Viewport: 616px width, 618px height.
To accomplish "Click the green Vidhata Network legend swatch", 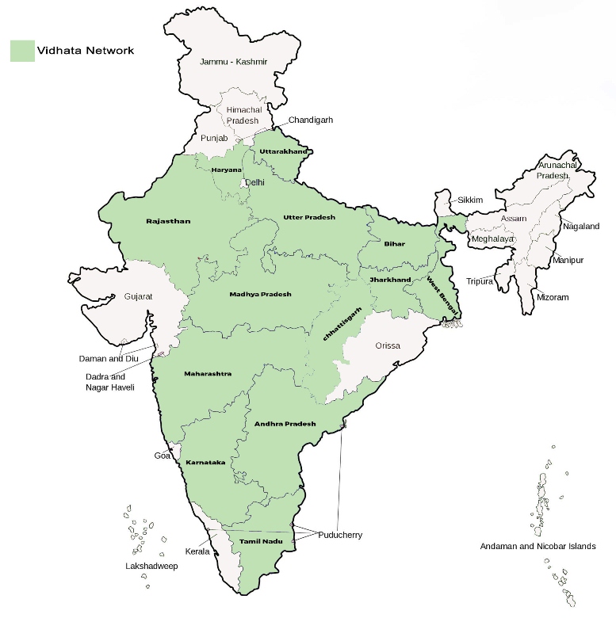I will (x=22, y=50).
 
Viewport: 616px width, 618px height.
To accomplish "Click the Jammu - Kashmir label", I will (x=234, y=61).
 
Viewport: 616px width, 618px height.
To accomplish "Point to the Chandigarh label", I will (x=310, y=120).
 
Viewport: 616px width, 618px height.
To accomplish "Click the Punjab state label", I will (x=214, y=138).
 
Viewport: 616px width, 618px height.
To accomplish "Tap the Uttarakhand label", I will (x=283, y=151).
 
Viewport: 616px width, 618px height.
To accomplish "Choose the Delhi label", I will (x=255, y=182).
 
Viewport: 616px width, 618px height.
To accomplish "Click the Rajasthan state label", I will (x=168, y=221).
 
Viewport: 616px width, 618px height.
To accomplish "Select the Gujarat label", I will (x=138, y=297).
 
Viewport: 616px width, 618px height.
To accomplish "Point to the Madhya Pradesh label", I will (x=260, y=294).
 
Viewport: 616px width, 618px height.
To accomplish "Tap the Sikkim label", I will (x=470, y=200).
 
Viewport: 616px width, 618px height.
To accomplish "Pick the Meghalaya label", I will (x=492, y=238).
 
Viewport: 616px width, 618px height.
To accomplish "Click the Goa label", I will (x=163, y=456).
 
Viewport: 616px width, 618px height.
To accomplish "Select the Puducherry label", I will (x=341, y=535).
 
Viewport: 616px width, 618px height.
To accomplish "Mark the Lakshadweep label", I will (x=151, y=566).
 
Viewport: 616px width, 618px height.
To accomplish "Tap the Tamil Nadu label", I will (x=260, y=542).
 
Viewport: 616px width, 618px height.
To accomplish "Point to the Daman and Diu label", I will (x=109, y=358).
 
